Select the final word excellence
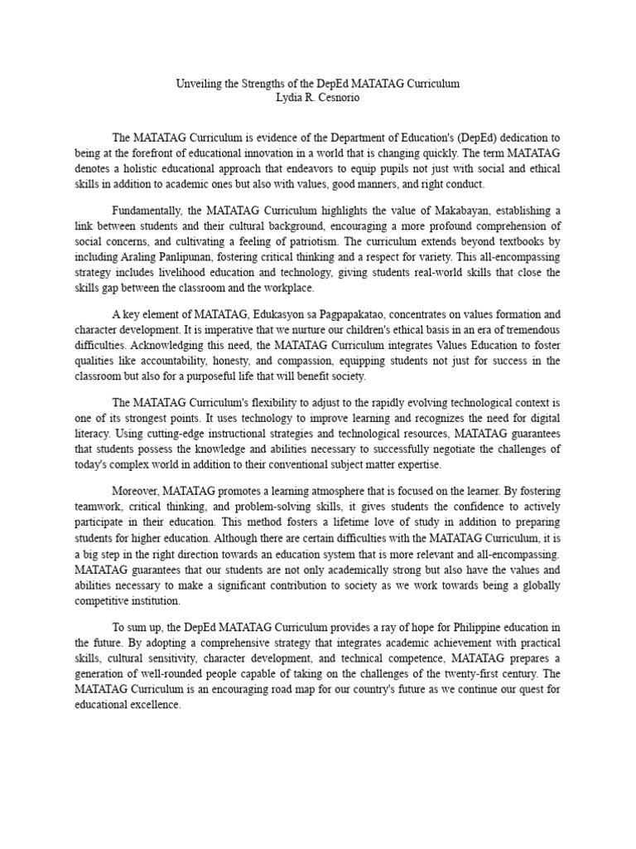pyautogui.click(x=156, y=705)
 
